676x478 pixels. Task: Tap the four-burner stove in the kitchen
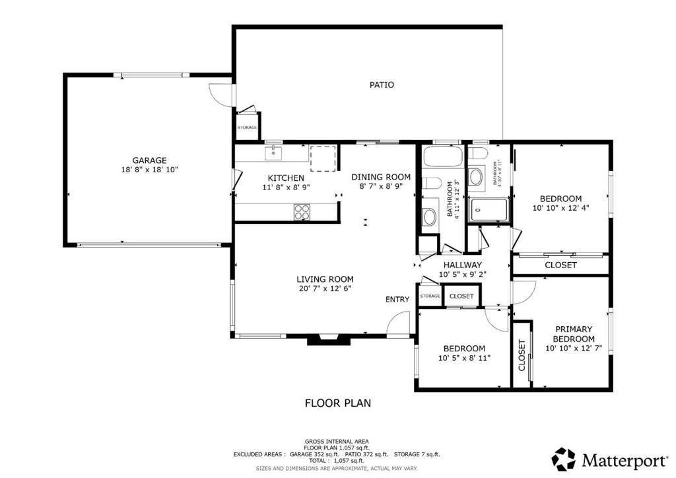coord(302,212)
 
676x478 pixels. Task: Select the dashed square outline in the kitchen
coord(323,158)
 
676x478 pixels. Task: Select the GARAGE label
coord(149,160)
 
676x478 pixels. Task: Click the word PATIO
coord(382,85)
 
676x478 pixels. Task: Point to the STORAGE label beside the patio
coord(247,127)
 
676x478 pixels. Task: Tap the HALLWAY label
coord(462,265)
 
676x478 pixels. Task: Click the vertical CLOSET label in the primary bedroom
coord(522,355)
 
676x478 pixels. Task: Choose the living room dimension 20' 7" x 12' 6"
coord(324,289)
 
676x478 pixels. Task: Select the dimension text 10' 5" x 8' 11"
coord(464,358)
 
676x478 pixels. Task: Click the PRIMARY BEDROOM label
coord(573,333)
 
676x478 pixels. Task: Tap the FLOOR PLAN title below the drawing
coord(337,402)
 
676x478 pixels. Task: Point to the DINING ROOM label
coord(381,177)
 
